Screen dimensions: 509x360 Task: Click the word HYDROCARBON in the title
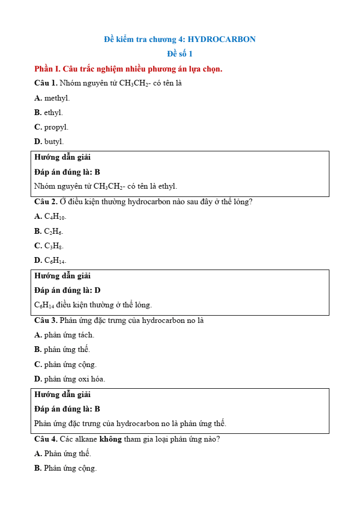[221, 39]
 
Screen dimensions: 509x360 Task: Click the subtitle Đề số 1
[179, 54]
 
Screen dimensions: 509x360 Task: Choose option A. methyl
[52, 98]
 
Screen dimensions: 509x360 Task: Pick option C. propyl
[51, 127]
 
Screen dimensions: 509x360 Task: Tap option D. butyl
[49, 142]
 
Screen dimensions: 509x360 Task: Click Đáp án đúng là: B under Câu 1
[67, 172]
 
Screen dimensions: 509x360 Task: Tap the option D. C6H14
[50, 260]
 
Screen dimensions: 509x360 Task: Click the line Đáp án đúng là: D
[67, 290]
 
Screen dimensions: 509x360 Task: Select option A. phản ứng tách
[64, 335]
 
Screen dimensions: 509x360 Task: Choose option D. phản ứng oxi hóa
[70, 379]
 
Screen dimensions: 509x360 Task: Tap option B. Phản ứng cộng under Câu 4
[65, 468]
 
